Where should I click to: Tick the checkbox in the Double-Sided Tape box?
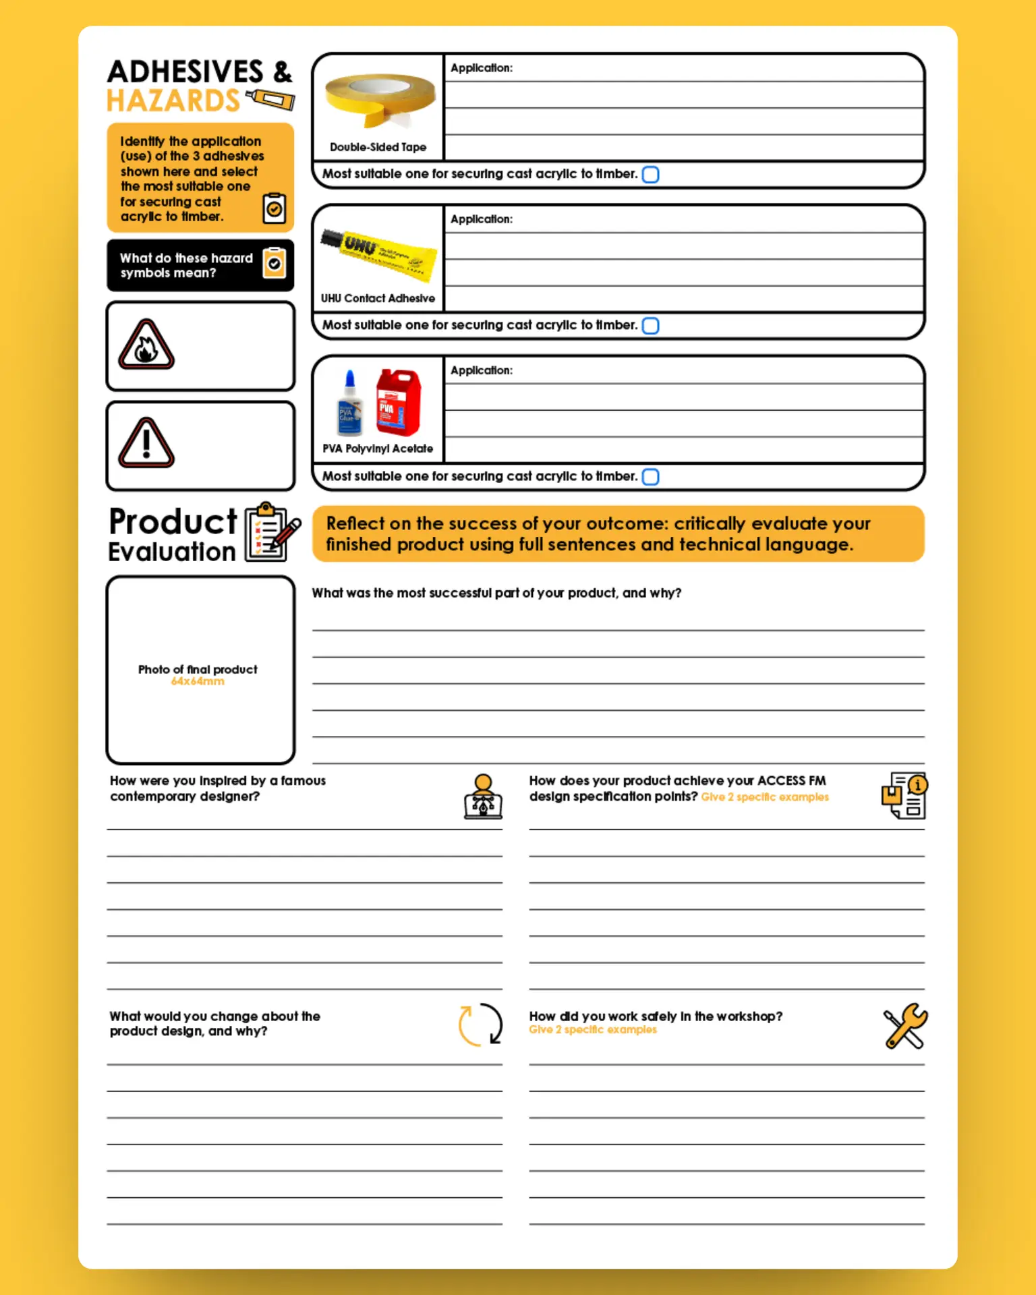pos(650,175)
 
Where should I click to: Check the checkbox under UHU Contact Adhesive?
pos(650,326)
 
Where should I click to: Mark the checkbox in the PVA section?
pos(650,477)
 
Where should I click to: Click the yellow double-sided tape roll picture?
pos(380,99)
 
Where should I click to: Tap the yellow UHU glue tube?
pos(380,254)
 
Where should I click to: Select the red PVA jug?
pos(399,402)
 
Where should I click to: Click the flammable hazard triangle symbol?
pos(146,345)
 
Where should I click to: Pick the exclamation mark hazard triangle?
pos(146,444)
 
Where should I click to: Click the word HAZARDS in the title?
pos(173,101)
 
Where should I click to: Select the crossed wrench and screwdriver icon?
pos(905,1026)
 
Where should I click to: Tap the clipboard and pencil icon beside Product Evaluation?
pos(272,532)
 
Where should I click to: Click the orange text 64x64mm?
pos(198,682)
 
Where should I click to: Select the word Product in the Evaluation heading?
pos(173,521)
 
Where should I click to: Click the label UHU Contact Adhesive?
pos(378,298)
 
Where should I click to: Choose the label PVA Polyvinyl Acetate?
pos(378,449)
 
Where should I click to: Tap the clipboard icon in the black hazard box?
pos(275,263)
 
